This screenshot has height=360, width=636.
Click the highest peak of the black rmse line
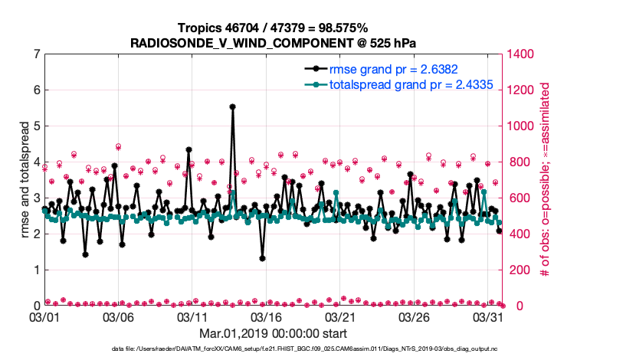[232, 107]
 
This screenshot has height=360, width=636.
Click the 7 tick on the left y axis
[34, 54]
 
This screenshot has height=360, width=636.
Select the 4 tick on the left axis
[34, 162]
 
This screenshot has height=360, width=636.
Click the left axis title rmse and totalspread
[25, 179]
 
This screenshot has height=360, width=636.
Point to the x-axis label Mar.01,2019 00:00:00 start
[273, 333]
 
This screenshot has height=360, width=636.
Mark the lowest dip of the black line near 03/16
[262, 258]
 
